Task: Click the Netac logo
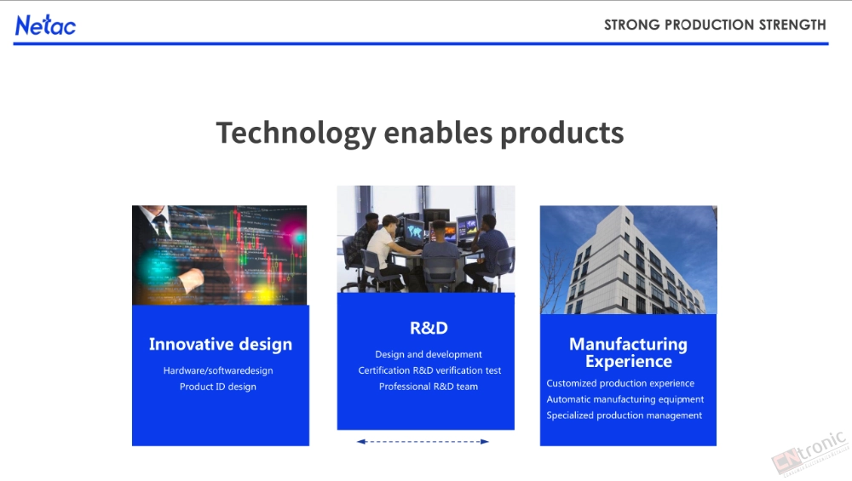coord(46,26)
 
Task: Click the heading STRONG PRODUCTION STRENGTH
coord(715,25)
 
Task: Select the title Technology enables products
coord(419,133)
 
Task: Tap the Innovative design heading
coord(221,344)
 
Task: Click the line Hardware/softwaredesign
coord(218,370)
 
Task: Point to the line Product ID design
coord(218,387)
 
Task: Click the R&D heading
coord(429,328)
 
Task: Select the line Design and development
coord(429,354)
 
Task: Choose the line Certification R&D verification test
coord(429,370)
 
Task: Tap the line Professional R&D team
coord(429,387)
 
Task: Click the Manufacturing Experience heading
coord(628,352)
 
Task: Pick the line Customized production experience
coord(620,383)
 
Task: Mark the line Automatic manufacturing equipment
coord(625,399)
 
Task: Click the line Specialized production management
coord(624,415)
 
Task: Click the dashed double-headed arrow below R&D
coord(423,441)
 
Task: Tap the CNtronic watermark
coord(809,453)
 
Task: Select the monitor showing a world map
coord(413,232)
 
